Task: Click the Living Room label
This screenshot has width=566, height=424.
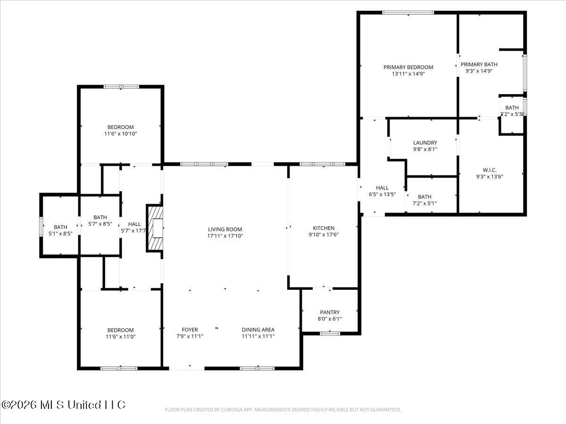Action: pyautogui.click(x=225, y=229)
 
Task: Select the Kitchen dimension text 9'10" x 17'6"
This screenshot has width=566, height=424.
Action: pyautogui.click(x=324, y=235)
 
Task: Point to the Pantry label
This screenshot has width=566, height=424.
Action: pyautogui.click(x=330, y=312)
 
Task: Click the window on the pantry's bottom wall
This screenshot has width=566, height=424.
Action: pyautogui.click(x=330, y=334)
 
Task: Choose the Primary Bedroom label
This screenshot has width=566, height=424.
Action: pyautogui.click(x=408, y=67)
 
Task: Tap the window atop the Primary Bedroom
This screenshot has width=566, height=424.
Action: pyautogui.click(x=408, y=13)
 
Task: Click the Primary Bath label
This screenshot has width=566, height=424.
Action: pyautogui.click(x=479, y=65)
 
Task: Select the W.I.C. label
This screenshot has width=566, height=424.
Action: pyautogui.click(x=490, y=170)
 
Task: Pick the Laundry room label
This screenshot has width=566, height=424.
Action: pyautogui.click(x=425, y=143)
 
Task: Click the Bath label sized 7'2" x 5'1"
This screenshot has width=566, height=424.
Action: pyautogui.click(x=424, y=197)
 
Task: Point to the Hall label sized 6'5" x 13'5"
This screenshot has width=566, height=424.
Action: pyautogui.click(x=382, y=188)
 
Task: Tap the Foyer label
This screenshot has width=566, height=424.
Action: pyautogui.click(x=190, y=330)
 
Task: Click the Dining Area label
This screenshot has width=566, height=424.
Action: pyautogui.click(x=258, y=330)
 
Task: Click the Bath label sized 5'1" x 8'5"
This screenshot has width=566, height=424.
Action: pyautogui.click(x=60, y=227)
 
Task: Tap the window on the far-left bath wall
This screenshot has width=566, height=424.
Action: pyautogui.click(x=41, y=226)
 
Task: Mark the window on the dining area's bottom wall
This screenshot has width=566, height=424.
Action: pyautogui.click(x=257, y=368)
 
